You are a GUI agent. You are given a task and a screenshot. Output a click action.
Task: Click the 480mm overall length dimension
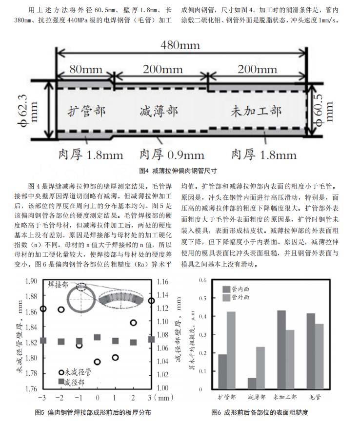[x=180, y=45]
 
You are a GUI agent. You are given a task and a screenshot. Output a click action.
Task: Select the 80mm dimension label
[x=86, y=69]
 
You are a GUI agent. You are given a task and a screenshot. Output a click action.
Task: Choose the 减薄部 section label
[x=159, y=111]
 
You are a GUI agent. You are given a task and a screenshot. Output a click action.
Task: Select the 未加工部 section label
[x=256, y=111]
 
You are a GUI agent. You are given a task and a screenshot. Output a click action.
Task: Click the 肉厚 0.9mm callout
[x=172, y=154]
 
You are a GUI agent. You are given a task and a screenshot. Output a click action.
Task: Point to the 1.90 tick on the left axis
[x=31, y=281]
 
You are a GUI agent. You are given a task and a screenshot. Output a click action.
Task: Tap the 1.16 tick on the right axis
[x=162, y=282]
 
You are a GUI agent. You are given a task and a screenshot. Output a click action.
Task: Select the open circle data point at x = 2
[x=133, y=323]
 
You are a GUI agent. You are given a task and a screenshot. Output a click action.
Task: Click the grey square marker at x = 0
[x=97, y=337]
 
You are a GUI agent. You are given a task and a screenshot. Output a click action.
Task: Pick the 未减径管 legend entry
[x=75, y=372]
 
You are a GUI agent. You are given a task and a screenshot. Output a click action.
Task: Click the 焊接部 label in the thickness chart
[x=58, y=285]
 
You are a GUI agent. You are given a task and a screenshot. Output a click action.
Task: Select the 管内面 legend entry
[x=236, y=289]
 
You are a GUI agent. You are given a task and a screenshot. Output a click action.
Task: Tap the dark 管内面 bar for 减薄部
[x=252, y=384]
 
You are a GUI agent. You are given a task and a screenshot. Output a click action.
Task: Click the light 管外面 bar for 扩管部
[x=231, y=350]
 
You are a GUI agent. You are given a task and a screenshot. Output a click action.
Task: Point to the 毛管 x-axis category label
[x=315, y=397]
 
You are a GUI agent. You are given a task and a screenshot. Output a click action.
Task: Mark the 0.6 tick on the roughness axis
[x=203, y=280]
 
